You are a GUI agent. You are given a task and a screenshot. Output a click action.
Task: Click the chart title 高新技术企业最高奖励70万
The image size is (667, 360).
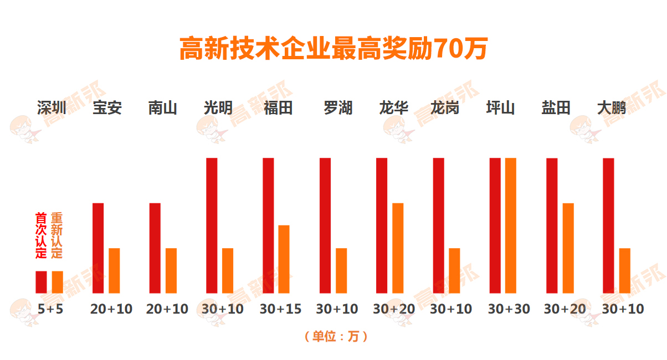333,49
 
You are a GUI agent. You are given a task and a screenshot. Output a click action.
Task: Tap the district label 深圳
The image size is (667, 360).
52,107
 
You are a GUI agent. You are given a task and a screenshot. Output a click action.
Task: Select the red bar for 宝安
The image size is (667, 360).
98,248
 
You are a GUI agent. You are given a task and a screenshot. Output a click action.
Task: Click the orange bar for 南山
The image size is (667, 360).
171,270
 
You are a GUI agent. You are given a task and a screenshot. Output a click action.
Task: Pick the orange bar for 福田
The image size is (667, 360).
284,259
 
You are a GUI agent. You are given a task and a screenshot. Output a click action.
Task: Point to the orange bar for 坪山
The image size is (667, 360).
510,225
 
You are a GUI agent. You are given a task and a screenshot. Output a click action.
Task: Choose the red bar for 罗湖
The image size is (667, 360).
325,225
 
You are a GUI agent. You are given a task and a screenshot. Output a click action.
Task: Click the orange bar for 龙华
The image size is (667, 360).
398,248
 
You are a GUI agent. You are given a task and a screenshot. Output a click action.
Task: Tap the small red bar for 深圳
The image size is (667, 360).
41,282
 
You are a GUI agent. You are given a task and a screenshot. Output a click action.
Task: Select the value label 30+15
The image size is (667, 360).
280,309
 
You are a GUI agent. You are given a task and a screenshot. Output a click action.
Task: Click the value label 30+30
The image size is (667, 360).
509,309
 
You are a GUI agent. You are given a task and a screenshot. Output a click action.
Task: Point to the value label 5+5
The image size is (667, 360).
51,309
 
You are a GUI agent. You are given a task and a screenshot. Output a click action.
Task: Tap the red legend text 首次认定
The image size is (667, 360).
41,235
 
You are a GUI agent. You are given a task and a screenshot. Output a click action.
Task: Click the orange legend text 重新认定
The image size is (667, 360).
57,235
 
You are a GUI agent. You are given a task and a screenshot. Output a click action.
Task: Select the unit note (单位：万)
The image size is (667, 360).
336,336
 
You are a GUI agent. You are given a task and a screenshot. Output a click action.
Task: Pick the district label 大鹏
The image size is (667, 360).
611,107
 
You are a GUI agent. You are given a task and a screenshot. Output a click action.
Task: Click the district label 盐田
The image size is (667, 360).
556,107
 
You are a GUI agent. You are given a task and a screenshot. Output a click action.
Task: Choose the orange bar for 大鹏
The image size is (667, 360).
625,270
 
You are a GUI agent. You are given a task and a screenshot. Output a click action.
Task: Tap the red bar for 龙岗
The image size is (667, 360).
438,225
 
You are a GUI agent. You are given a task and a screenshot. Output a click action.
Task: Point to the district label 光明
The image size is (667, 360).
218,107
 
